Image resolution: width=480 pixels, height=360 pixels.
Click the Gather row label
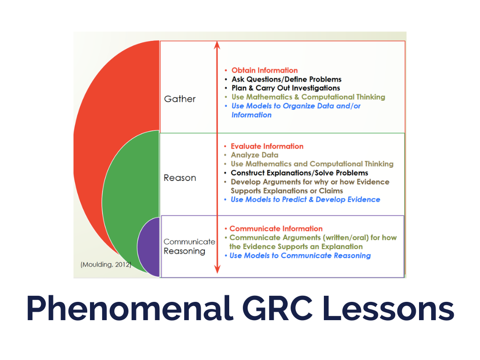point(180,99)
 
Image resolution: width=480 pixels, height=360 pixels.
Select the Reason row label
point(180,178)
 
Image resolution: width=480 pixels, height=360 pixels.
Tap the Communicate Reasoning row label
point(189,247)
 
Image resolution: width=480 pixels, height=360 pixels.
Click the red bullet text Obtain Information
point(264,70)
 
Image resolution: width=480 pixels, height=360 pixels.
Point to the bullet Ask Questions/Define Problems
point(286,79)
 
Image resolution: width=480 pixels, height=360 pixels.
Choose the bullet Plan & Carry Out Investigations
point(285,88)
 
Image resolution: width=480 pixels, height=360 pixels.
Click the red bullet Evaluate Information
point(267,146)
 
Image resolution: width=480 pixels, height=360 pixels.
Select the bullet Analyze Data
point(255,155)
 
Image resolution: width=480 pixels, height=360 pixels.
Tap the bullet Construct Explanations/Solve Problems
point(299,173)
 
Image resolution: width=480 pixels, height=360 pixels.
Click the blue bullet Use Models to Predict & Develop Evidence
point(305,200)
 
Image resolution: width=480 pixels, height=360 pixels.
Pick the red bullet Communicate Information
point(276,229)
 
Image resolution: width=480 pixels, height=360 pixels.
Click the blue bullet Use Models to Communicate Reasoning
point(300,255)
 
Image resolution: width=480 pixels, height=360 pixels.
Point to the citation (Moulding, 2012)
point(106,265)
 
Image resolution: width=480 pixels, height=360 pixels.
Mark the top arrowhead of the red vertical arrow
point(217,45)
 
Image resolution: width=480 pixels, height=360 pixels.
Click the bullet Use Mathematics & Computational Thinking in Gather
point(308,97)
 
